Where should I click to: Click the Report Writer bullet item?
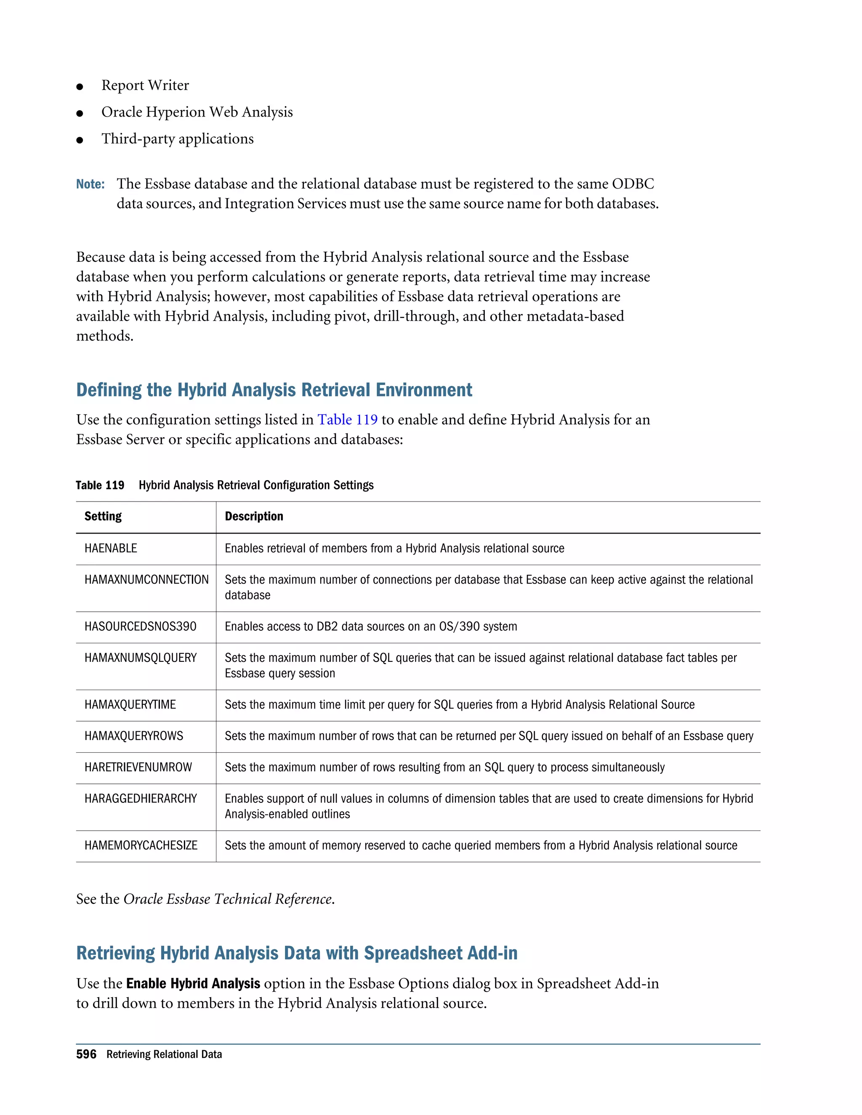145,85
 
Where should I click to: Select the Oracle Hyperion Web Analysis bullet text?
197,112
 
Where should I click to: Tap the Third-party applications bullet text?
177,139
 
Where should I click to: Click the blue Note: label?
90,184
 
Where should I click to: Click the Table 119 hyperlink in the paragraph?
347,419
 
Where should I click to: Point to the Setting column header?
103,516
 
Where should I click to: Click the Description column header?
254,516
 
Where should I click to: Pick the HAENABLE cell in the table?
111,548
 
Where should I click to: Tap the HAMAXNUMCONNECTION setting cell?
146,580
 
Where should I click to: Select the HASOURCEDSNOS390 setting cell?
141,627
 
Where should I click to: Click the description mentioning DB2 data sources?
371,627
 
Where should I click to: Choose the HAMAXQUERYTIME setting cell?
130,704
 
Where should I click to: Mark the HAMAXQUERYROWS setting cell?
134,735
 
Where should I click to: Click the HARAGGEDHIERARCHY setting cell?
141,799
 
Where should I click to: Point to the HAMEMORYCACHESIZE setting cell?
141,845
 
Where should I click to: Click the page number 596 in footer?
86,1054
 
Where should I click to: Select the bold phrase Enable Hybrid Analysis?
193,983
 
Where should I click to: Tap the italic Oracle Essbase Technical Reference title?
228,899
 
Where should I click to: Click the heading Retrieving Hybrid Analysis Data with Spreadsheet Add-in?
297,953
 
